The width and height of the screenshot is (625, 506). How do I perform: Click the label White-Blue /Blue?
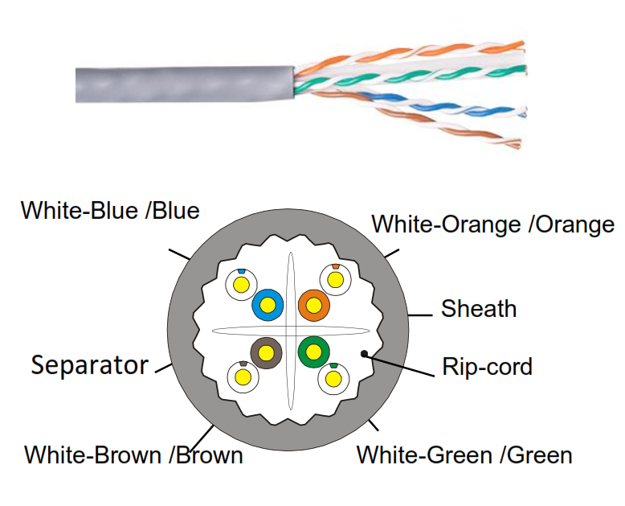109,211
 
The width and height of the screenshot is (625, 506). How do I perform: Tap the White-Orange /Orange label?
492,224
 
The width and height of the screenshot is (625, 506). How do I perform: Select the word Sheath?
479,308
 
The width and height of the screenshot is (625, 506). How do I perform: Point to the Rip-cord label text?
487,368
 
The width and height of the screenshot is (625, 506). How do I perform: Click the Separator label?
90,366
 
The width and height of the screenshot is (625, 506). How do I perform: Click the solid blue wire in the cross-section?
268,304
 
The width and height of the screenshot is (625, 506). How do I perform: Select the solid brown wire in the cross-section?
266,352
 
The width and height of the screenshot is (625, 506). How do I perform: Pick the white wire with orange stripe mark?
334,278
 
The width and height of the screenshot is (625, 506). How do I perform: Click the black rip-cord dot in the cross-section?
364,352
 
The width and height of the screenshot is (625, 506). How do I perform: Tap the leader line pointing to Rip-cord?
402,363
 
